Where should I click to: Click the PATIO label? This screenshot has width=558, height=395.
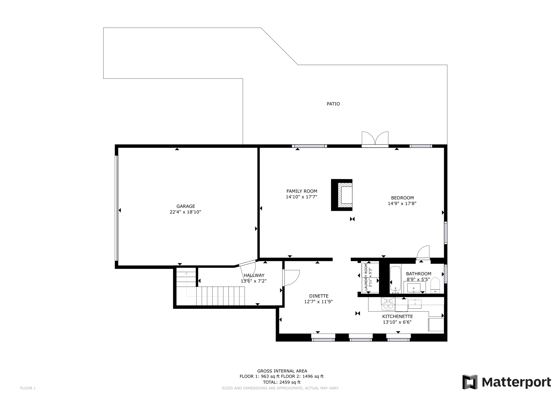tap(333, 104)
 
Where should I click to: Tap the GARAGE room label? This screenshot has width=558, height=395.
tap(186, 206)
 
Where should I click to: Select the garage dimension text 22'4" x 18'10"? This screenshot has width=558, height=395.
tap(185, 212)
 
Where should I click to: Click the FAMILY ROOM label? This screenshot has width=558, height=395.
tap(302, 191)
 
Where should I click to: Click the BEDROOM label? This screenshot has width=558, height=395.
tap(402, 198)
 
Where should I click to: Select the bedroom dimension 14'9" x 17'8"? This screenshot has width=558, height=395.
tap(402, 204)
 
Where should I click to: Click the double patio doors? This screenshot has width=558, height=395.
tap(375, 139)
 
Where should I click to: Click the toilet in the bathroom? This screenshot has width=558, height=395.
tap(435, 284)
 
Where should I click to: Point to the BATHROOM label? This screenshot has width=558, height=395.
tap(418, 274)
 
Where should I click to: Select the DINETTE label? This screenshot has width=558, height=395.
tap(319, 296)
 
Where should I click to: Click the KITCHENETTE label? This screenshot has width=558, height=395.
tap(397, 316)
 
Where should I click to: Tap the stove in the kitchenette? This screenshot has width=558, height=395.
tap(388, 304)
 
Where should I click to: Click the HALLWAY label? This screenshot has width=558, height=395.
tap(254, 276)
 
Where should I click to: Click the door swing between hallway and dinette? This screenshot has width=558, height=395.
tap(291, 278)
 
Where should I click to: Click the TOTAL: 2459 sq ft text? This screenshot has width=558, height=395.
tap(281, 382)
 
